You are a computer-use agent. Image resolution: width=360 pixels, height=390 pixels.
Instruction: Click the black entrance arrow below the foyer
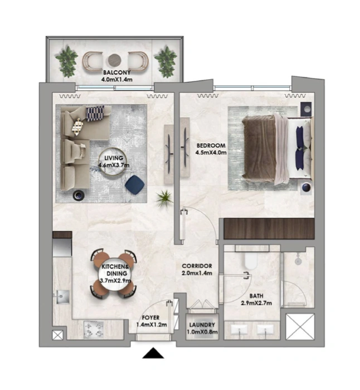tap(153, 353)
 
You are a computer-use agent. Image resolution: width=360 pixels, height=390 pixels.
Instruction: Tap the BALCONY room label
tap(116, 72)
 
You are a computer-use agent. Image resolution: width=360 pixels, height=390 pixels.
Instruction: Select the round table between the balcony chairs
tap(115, 60)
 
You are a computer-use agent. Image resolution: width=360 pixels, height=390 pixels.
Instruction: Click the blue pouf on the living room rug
tap(135, 183)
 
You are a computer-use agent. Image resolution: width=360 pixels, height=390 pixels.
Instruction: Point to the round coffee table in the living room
tap(113, 162)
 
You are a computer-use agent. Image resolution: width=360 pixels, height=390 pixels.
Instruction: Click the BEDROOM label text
tap(211, 145)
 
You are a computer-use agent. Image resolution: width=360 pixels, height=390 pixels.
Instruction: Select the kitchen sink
tap(62, 297)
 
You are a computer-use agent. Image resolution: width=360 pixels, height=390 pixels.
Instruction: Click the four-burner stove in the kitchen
tap(94, 329)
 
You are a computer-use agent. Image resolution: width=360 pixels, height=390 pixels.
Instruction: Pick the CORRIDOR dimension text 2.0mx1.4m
tap(197, 273)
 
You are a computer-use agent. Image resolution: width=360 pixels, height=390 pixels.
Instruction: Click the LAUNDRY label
tap(202, 325)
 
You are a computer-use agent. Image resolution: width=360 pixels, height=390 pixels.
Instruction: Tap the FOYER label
tap(151, 318)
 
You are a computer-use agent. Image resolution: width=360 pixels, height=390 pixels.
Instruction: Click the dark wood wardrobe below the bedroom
tap(269, 229)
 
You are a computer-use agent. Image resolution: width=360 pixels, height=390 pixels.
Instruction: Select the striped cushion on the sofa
tap(95, 114)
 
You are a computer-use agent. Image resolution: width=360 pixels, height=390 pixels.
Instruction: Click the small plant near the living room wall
tap(164, 198)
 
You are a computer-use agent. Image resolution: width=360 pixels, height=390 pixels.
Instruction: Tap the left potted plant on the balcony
tap(67, 61)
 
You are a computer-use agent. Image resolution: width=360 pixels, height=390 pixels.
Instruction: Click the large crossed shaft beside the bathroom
tap(300, 326)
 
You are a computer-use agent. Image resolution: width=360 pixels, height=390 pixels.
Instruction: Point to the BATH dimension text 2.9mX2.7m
tap(256, 303)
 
